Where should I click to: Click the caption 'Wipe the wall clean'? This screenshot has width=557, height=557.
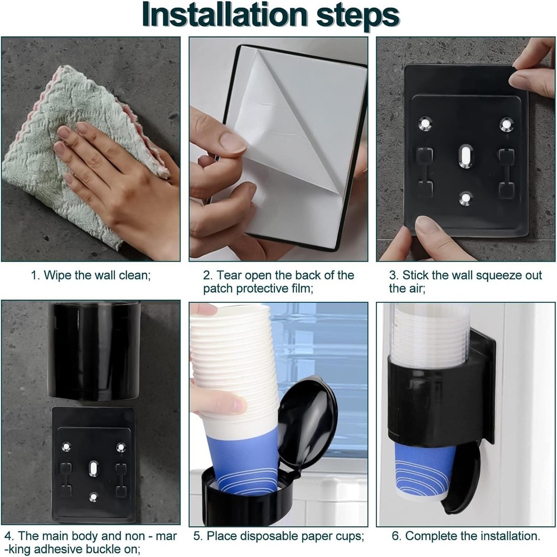91,275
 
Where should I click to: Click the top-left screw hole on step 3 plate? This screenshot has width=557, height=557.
425,122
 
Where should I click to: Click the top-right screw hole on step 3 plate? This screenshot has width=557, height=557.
506,123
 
